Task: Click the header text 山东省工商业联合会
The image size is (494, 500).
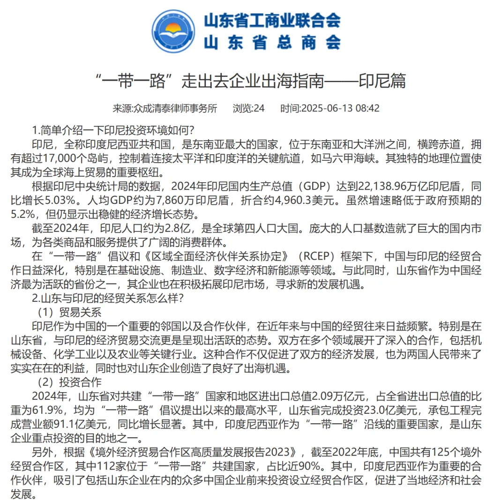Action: [x=272, y=20]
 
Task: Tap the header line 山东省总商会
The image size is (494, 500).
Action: [x=272, y=43]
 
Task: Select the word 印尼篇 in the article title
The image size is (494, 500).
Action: [x=382, y=81]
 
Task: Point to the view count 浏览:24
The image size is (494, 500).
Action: [x=248, y=108]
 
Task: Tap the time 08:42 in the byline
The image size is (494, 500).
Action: [x=367, y=108]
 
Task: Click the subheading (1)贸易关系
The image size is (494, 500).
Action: [x=70, y=311]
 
